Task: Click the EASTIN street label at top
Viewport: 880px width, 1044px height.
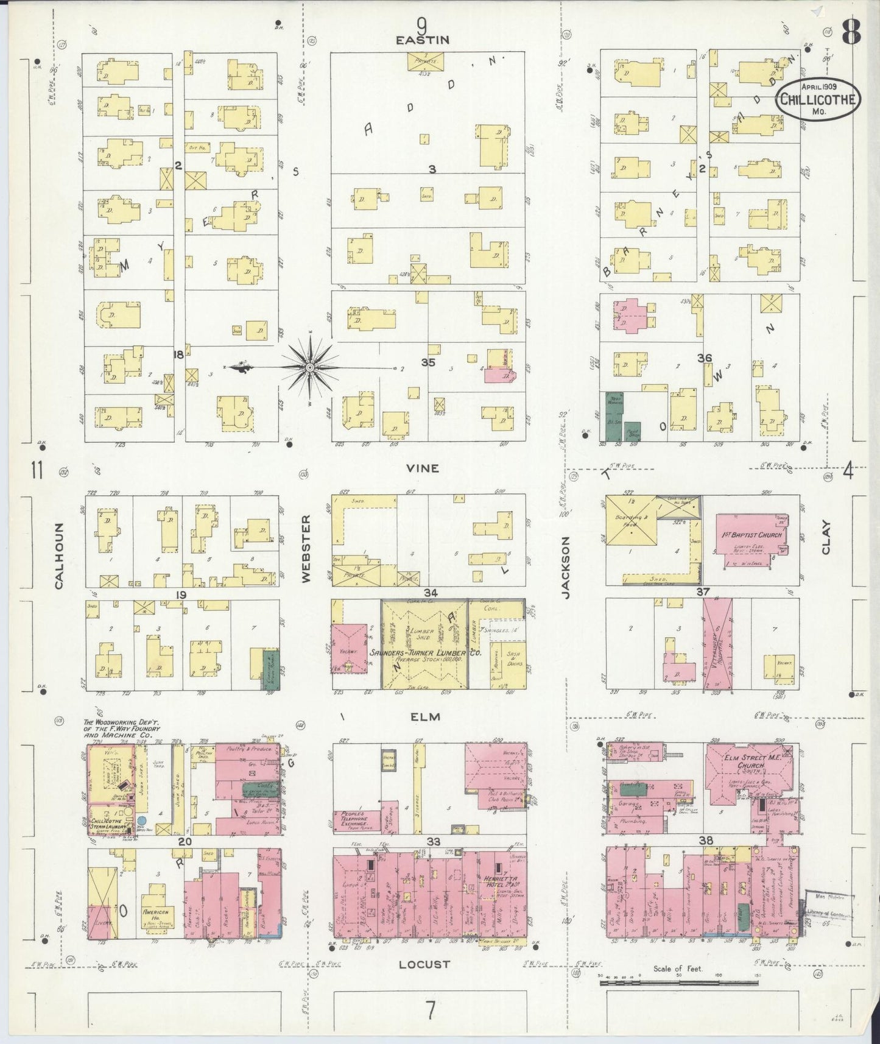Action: pos(422,40)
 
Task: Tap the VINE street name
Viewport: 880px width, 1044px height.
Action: pos(425,468)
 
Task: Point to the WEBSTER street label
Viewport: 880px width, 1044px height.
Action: pos(306,548)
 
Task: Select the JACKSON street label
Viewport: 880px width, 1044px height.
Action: pos(565,568)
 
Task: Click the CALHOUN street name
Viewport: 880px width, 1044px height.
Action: pos(59,556)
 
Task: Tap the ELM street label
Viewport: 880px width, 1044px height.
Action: pos(425,717)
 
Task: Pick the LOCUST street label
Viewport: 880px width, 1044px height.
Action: pos(424,965)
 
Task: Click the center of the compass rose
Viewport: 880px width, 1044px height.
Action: pos(309,368)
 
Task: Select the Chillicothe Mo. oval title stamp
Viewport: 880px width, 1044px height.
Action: pos(818,97)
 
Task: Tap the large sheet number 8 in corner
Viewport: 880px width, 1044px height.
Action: pos(851,32)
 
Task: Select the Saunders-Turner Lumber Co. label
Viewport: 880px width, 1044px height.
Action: pos(424,652)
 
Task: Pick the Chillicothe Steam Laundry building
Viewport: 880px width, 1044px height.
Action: pos(110,819)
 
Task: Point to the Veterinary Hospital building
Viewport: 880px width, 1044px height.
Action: pos(717,644)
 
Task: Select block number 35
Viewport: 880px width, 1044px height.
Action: pos(428,362)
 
